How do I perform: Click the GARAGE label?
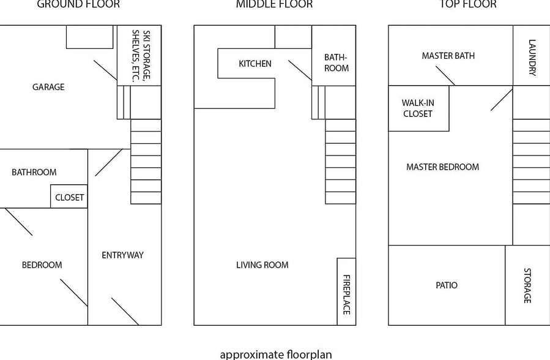48,87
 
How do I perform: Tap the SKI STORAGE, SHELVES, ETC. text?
141,56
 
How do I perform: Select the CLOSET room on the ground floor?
69,196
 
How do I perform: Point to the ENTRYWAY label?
123,255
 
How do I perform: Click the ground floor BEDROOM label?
42,265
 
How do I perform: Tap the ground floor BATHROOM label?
34,172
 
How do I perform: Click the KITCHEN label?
255,64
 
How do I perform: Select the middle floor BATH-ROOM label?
336,63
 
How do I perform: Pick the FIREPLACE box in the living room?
346,291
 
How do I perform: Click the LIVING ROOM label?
262,265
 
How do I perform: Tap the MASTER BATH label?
448,56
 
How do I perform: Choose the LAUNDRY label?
532,58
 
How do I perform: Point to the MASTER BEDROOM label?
443,167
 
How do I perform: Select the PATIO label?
447,285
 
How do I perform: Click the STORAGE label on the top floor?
527,286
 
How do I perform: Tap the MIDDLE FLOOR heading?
274,4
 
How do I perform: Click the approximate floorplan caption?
276,354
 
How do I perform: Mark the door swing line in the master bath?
445,76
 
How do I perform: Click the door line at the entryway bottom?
125,312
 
